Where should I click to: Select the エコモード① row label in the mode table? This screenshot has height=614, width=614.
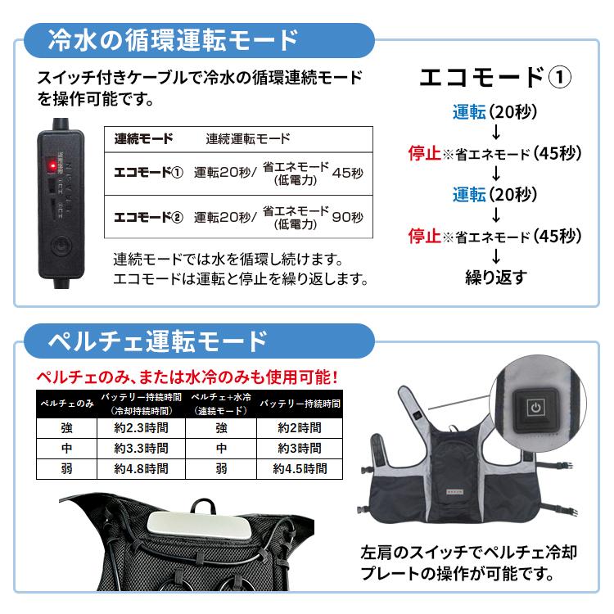coord(147,173)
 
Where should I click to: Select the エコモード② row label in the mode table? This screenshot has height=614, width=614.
coord(147,217)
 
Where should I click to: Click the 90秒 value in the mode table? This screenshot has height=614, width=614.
coord(348,217)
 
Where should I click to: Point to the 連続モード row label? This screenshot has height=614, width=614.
coord(143,138)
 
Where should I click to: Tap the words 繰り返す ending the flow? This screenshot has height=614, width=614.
coord(496,277)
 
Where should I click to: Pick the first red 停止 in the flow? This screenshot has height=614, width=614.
coord(425,153)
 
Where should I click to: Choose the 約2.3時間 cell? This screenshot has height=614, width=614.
coord(142,427)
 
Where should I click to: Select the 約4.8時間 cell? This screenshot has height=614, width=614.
coord(142,469)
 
